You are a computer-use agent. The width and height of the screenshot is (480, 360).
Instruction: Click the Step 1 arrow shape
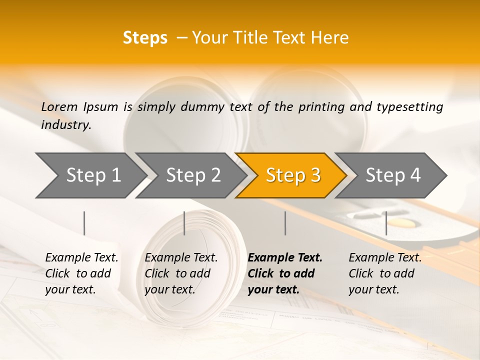point(90,175)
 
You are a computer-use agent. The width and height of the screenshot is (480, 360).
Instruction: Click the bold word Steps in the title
point(145,38)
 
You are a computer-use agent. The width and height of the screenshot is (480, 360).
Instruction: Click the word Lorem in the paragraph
point(59,106)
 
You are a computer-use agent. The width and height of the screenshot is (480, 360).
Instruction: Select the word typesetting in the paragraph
point(409,106)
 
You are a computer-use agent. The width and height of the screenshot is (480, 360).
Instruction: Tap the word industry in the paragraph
point(66,124)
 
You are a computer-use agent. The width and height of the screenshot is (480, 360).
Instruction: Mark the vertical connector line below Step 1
point(84,223)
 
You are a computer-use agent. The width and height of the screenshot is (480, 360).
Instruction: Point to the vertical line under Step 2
point(184,223)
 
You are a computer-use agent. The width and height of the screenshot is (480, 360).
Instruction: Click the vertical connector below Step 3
point(285,223)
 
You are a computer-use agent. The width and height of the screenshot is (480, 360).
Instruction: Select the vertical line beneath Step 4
point(386,223)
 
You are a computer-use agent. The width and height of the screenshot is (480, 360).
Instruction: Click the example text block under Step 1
point(81,273)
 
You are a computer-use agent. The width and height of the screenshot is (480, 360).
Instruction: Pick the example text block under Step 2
point(181,273)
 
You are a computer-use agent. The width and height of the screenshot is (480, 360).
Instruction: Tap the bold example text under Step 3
point(285,273)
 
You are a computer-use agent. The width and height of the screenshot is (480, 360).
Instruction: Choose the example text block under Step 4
point(385,273)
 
